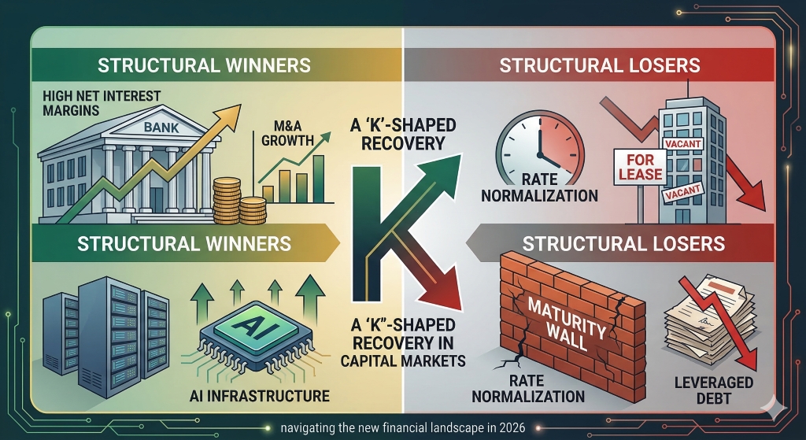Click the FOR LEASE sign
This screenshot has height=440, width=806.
coord(640,166)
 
